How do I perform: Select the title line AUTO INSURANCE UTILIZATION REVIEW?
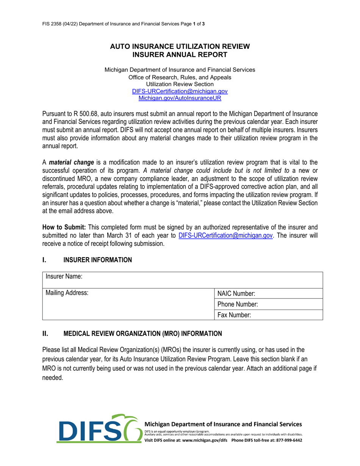(x=180, y=47)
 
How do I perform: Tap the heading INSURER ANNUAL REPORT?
(x=180, y=55)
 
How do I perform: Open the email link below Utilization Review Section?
(x=180, y=91)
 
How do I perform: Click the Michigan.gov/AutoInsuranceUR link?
(x=180, y=98)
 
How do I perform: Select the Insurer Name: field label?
(x=64, y=277)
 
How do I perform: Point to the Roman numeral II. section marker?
(x=45, y=334)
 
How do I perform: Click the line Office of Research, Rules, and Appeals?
(x=180, y=77)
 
